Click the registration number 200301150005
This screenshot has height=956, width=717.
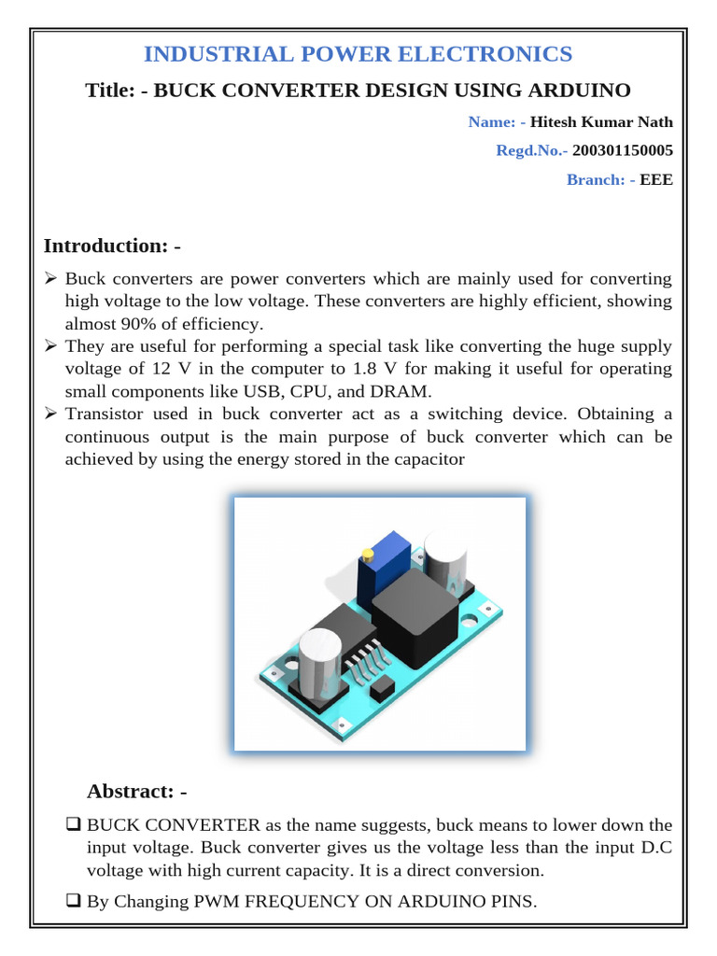coord(623,150)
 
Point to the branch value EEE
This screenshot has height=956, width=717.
coord(655,179)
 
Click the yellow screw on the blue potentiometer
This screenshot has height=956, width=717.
coord(367,555)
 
